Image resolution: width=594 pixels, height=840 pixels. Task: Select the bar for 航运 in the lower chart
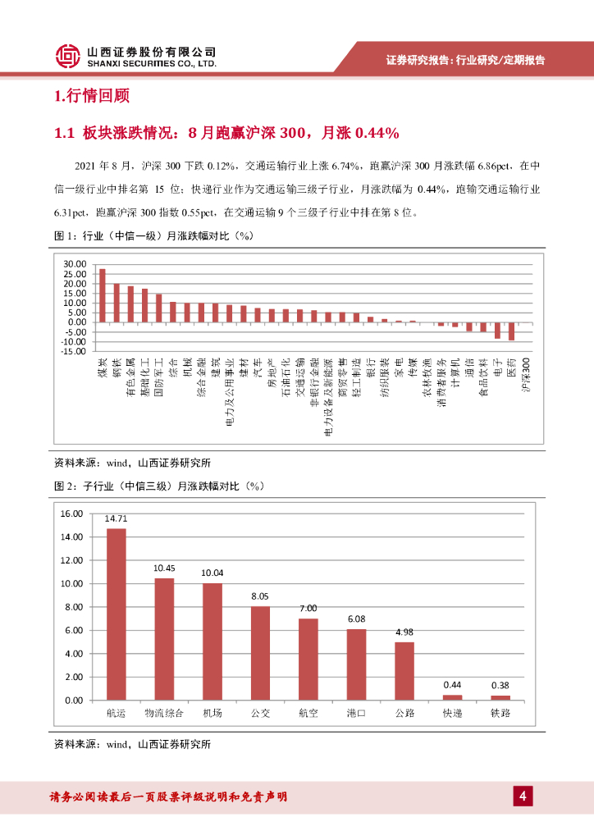117,614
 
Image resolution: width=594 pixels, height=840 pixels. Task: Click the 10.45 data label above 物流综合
164,568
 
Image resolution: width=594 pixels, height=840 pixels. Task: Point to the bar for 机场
212,641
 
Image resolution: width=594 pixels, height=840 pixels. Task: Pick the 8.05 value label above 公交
260,596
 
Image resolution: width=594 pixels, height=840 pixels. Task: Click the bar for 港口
356,664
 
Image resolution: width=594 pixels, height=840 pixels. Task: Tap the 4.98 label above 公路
404,632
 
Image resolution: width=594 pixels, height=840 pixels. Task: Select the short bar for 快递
452,697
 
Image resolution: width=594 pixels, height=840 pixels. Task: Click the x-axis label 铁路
500,713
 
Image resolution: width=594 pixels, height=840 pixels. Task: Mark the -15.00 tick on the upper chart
72,351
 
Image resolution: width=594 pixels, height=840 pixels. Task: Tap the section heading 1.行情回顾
92,97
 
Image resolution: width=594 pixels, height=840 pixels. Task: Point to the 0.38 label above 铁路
500,685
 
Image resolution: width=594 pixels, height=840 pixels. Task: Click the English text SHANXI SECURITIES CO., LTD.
152,63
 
